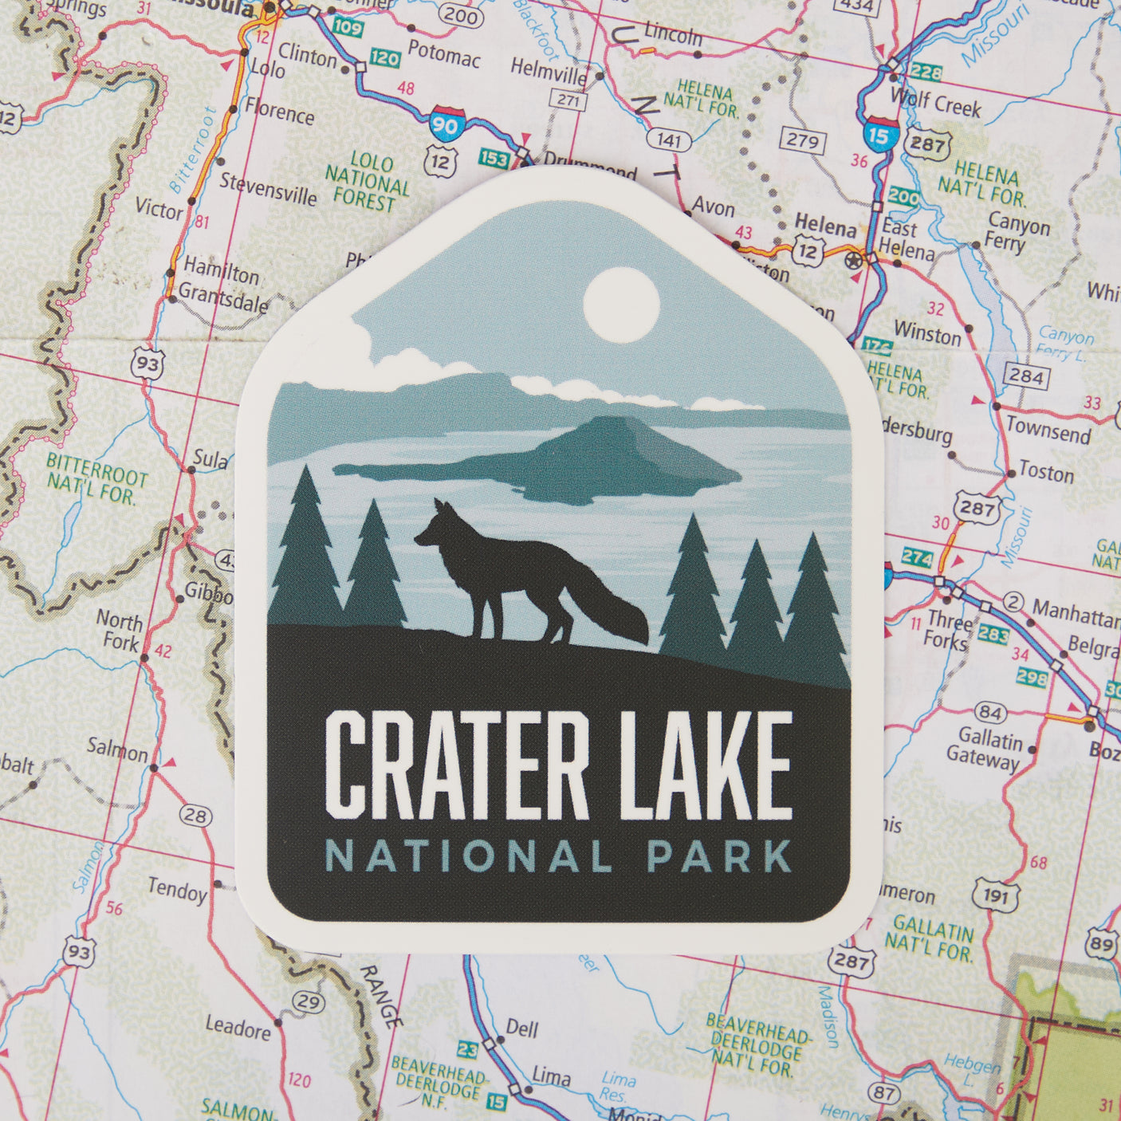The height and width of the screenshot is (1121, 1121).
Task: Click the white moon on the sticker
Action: (x=621, y=305)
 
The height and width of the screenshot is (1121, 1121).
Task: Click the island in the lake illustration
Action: (x=558, y=462)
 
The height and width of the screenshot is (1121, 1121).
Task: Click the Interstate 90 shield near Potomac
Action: (x=442, y=122)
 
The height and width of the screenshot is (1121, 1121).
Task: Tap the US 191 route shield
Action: (x=996, y=896)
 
